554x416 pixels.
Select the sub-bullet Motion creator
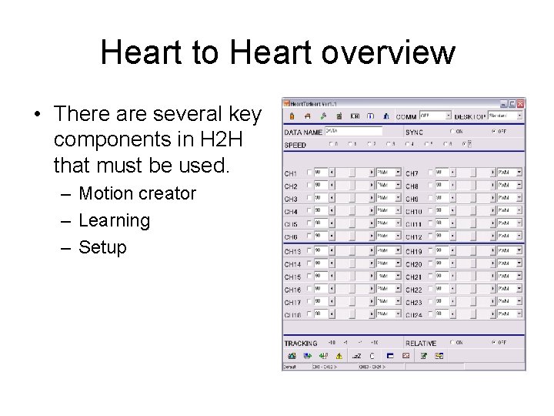[x=138, y=193]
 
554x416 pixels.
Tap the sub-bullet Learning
[x=115, y=221]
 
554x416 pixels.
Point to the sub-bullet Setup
[x=102, y=248]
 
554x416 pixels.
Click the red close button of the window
[x=521, y=104]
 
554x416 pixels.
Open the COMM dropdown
[x=435, y=116]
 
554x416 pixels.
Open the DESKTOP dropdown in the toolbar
[x=506, y=116]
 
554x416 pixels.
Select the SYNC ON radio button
[x=452, y=131]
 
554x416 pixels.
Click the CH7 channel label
[x=412, y=173]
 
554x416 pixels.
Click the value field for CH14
[x=320, y=263]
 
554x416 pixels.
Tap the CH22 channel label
[x=413, y=290]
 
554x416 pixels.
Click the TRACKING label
[x=300, y=344]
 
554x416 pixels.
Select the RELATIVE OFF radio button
[x=493, y=343]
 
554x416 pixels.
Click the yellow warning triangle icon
[x=339, y=356]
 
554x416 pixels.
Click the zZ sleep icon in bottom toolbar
[x=356, y=356]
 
